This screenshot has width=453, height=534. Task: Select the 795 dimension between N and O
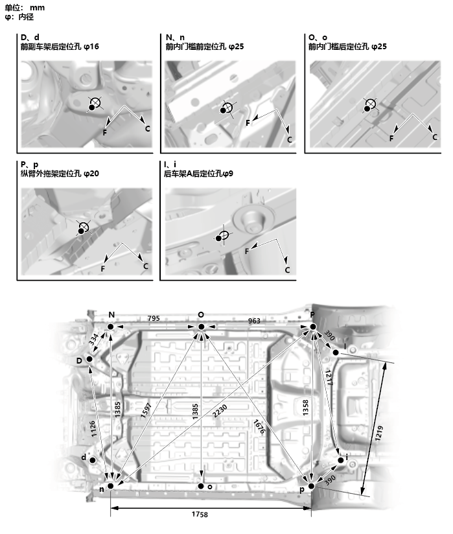click(x=153, y=318)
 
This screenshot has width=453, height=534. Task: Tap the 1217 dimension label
click(x=329, y=378)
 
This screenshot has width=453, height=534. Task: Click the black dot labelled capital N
click(x=110, y=327)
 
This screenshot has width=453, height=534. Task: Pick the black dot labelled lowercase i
click(x=341, y=460)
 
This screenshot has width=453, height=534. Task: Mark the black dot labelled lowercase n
click(x=111, y=485)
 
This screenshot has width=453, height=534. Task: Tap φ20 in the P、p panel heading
click(x=90, y=174)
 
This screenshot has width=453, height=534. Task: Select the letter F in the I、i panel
click(x=247, y=251)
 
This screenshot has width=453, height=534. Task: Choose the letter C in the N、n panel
click(x=290, y=139)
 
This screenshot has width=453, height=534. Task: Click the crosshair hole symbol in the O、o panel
click(x=371, y=104)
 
